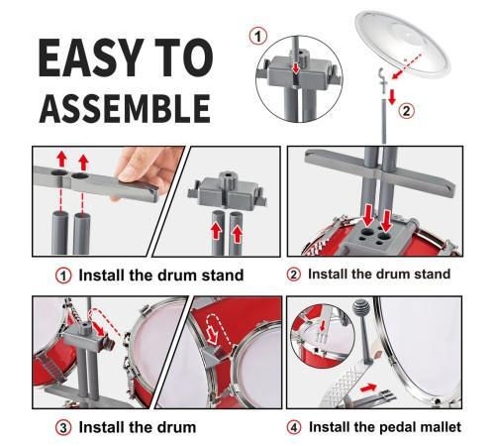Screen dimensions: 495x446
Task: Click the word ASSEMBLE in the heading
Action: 125,109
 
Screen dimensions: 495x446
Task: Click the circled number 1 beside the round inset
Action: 258,36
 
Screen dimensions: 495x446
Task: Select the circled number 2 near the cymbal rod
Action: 406,111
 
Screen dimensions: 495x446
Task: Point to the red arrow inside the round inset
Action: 296,68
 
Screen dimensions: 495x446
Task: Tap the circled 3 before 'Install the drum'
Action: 63,428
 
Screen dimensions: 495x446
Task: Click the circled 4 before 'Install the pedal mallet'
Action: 294,427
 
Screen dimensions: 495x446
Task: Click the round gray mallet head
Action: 360,308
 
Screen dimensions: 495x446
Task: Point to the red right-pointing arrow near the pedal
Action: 368,388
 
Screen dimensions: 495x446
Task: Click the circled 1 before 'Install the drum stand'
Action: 63,276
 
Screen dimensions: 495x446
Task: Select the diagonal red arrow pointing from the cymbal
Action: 407,65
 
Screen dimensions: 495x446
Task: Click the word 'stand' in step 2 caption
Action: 432,274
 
